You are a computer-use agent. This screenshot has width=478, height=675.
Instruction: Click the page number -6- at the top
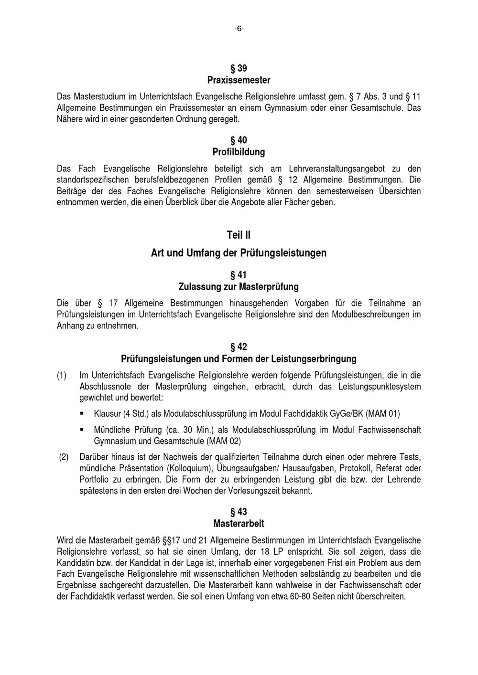pyautogui.click(x=239, y=29)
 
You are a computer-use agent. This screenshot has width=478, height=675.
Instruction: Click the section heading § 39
pyautogui.click(x=239, y=68)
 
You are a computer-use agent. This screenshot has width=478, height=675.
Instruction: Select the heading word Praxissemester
pyautogui.click(x=239, y=80)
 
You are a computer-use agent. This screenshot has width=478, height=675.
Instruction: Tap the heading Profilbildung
pyautogui.click(x=239, y=152)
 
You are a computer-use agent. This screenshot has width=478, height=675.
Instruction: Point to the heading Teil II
pyautogui.click(x=239, y=235)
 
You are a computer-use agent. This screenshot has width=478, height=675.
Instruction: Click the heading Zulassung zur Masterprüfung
pyautogui.click(x=239, y=287)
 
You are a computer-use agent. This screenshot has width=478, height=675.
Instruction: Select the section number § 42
pyautogui.click(x=239, y=347)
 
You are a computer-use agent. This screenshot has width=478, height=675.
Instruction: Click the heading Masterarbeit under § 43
pyautogui.click(x=239, y=524)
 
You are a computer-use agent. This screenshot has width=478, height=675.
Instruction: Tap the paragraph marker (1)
pyautogui.click(x=62, y=376)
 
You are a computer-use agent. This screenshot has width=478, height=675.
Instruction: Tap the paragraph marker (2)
pyautogui.click(x=64, y=457)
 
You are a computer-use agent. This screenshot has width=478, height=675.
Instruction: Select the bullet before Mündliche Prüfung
pyautogui.click(x=82, y=430)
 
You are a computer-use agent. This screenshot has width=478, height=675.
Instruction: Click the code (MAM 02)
pyautogui.click(x=223, y=441)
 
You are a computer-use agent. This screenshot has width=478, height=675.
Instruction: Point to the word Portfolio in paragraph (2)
pyautogui.click(x=93, y=479)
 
